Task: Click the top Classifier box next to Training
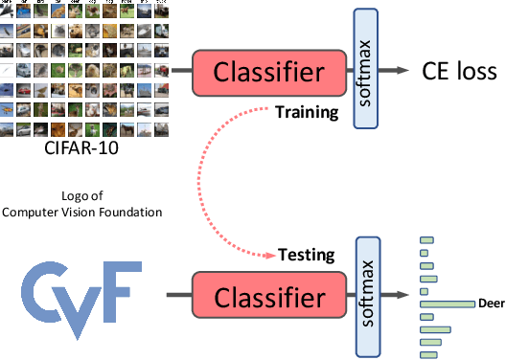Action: pyautogui.click(x=269, y=72)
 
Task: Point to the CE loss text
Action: pyautogui.click(x=459, y=71)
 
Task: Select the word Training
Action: pyautogui.click(x=307, y=112)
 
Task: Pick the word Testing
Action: pyautogui.click(x=306, y=256)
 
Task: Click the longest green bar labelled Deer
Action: pyautogui.click(x=447, y=304)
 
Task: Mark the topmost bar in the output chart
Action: pyautogui.click(x=426, y=240)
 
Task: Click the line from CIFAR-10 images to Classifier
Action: pyautogui.click(x=177, y=72)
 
